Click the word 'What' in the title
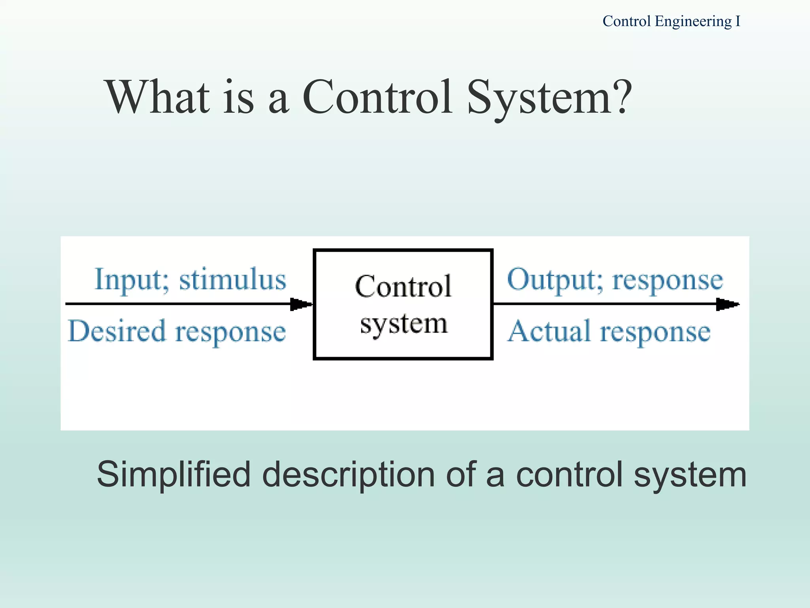click(158, 97)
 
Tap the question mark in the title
click(619, 97)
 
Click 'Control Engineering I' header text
click(671, 21)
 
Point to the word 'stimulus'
click(233, 279)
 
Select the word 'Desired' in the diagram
click(117, 331)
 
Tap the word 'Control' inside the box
click(403, 287)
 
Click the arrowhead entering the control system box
click(301, 304)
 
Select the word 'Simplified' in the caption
click(174, 475)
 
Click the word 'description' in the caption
click(348, 475)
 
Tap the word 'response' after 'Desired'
click(230, 332)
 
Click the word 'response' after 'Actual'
click(655, 332)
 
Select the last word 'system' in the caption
click(690, 475)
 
